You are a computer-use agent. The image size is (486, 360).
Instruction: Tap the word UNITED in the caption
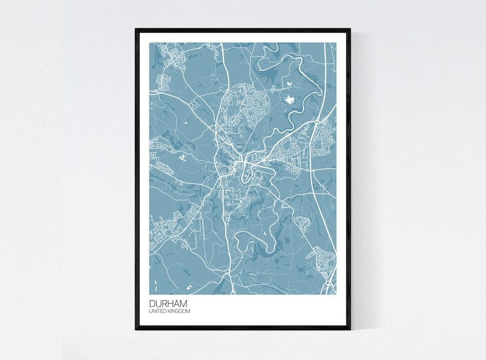pyautogui.click(x=157, y=312)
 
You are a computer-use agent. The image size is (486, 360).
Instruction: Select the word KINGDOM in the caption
pyautogui.click(x=178, y=312)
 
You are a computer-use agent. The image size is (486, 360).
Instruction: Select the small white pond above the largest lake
pyautogui.click(x=286, y=81)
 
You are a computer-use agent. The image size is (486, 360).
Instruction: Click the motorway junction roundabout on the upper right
pyautogui.click(x=315, y=122)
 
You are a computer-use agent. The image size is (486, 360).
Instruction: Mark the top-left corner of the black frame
pyautogui.click(x=136, y=28)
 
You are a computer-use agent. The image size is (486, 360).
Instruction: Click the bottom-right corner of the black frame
pyautogui.click(x=350, y=329)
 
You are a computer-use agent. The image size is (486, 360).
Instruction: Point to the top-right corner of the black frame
pyautogui.click(x=350, y=28)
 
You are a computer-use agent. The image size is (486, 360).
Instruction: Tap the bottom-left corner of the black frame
pyautogui.click(x=136, y=329)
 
